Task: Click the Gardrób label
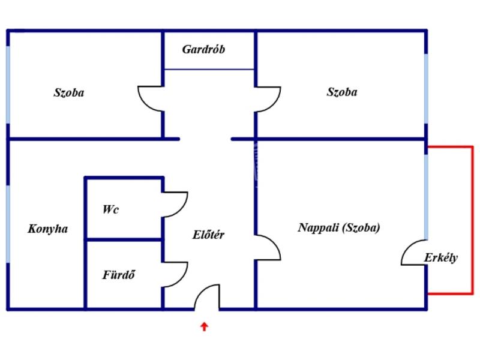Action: click(x=203, y=50)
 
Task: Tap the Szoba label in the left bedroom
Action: click(x=69, y=93)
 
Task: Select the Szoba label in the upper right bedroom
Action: click(x=342, y=92)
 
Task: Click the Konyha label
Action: click(x=48, y=229)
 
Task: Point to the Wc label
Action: click(x=110, y=209)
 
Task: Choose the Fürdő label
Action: click(x=118, y=276)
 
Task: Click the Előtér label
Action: click(x=209, y=235)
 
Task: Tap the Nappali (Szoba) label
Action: click(x=339, y=228)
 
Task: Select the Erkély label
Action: click(x=441, y=258)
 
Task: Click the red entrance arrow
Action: click(x=204, y=327)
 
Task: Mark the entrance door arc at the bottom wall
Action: click(x=207, y=296)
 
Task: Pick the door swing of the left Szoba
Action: click(x=151, y=98)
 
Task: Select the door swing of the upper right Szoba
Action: click(x=268, y=98)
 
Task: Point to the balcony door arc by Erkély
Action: click(x=413, y=253)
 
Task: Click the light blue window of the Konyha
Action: click(x=8, y=223)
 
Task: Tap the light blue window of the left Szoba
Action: click(x=8, y=84)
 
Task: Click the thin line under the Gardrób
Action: click(x=209, y=69)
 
